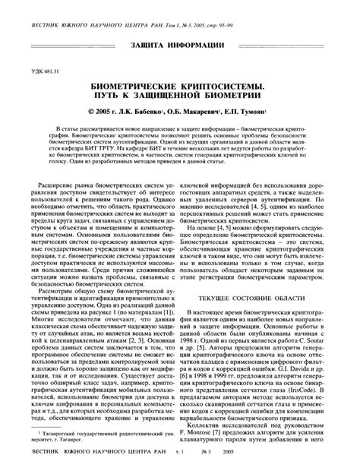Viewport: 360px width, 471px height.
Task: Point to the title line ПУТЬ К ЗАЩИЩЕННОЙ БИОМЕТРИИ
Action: pos(180,99)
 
